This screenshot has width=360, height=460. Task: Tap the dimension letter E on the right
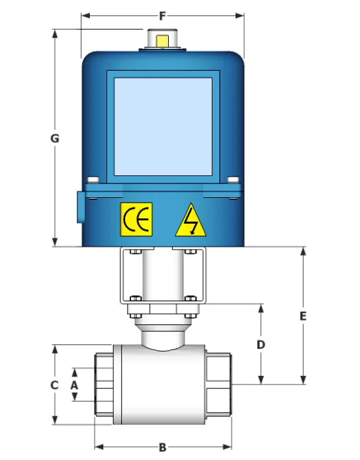pos(303,316)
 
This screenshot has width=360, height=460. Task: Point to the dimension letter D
pos(261,344)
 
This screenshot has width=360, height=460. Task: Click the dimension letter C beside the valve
pos(56,385)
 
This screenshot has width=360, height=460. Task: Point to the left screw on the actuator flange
pos(93,179)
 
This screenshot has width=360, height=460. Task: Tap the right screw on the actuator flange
pos(232,179)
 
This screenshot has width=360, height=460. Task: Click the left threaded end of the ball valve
pos(105,384)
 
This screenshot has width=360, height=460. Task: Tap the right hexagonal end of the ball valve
pos(219,385)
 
